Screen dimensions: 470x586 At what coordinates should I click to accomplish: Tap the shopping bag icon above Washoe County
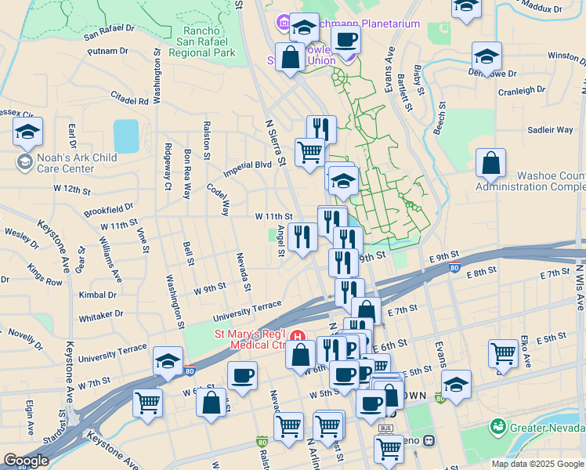490,164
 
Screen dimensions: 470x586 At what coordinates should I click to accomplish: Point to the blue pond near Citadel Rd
125,136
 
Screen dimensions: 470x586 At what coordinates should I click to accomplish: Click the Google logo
25,461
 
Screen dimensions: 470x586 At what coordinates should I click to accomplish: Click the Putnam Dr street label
107,51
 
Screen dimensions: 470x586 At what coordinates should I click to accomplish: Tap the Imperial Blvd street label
248,164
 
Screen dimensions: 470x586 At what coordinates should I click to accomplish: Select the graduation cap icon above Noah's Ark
27,132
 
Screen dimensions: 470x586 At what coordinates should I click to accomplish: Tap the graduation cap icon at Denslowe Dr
487,56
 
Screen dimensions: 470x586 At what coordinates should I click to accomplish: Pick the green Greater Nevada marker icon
496,427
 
